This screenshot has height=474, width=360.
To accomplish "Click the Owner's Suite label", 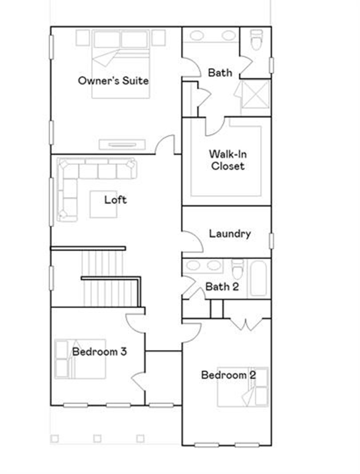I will point(113,81).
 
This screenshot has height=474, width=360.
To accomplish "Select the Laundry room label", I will point(230,233).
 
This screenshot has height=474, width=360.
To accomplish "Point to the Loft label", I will point(116,200).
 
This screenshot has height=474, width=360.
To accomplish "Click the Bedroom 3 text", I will point(100,352).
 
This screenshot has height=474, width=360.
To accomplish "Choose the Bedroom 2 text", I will point(228,375).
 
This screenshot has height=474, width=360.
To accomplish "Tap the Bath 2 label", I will point(222,287).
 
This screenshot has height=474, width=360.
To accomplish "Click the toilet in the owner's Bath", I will point(256,40).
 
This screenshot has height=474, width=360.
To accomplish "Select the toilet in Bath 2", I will point(237,269).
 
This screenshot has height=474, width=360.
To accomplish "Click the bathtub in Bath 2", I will point(258,278).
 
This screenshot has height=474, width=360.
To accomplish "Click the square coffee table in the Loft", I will point(103,205).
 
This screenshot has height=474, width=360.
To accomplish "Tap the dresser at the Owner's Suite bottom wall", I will point(122,145).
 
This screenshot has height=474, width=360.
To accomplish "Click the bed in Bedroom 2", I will point(243,387).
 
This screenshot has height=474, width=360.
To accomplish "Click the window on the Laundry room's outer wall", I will point(271,241).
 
